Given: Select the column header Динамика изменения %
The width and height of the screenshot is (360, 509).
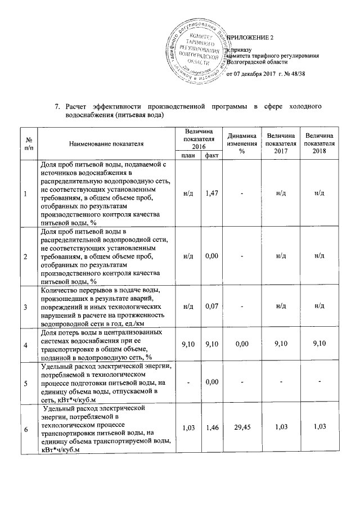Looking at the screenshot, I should [x=242, y=143].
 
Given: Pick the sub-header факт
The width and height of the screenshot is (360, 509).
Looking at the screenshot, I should [x=212, y=155].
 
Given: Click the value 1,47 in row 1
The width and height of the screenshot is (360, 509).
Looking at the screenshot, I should [x=212, y=193].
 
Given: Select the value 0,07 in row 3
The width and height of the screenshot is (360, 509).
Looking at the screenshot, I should [x=212, y=307].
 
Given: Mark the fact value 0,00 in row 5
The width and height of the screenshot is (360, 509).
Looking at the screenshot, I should [x=212, y=382].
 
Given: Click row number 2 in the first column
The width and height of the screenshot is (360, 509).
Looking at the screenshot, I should [x=25, y=256].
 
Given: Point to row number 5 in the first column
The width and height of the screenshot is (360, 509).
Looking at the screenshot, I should [x=25, y=382].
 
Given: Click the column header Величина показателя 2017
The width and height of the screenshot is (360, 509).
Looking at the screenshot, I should [x=281, y=143].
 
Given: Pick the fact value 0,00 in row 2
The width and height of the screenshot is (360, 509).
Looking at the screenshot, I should [x=212, y=256].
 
